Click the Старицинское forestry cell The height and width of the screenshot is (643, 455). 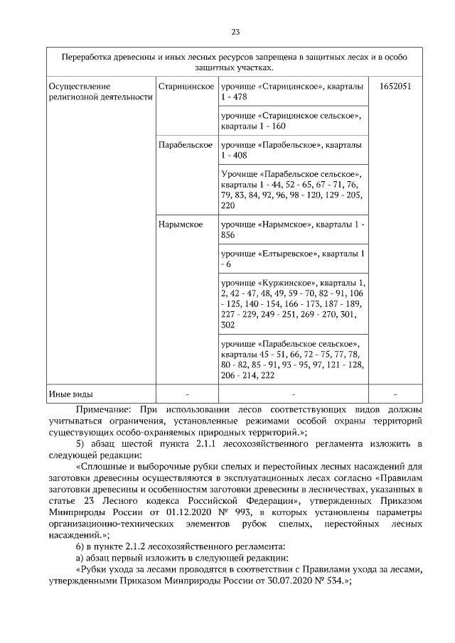click(186, 86)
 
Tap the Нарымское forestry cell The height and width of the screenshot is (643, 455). click(181, 225)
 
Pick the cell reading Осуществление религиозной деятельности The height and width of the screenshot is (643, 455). click(100, 92)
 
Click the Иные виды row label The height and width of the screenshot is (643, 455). click(70, 394)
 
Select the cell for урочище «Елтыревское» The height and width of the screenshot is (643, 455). click(294, 258)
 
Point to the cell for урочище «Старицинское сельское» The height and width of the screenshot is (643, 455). click(294, 120)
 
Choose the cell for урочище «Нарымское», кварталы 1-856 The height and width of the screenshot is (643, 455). click(294, 229)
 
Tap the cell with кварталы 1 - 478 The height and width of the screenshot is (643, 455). click(294, 92)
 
